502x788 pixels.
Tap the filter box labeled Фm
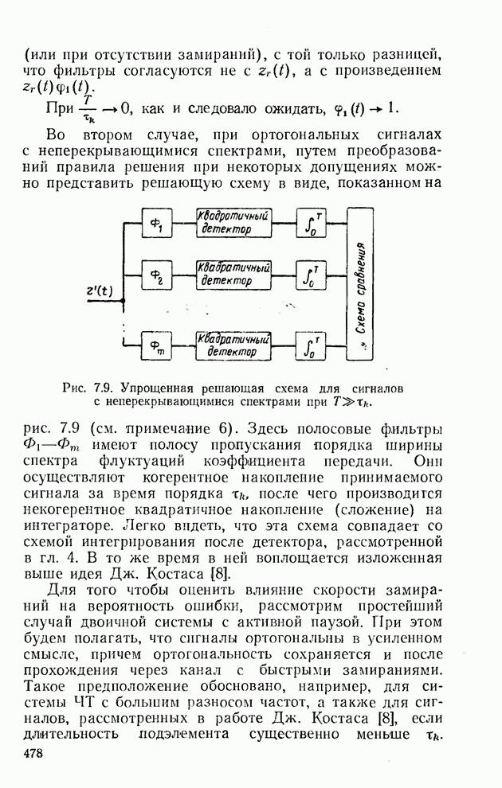coord(156,345)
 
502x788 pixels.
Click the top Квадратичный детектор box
coord(234,223)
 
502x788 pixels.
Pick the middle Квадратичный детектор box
coord(234,275)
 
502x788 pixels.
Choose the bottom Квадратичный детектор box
coord(234,344)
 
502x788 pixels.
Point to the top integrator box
coord(309,223)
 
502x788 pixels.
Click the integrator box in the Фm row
coord(309,344)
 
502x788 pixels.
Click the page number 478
coord(33,753)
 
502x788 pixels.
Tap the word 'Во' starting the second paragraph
coord(57,132)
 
